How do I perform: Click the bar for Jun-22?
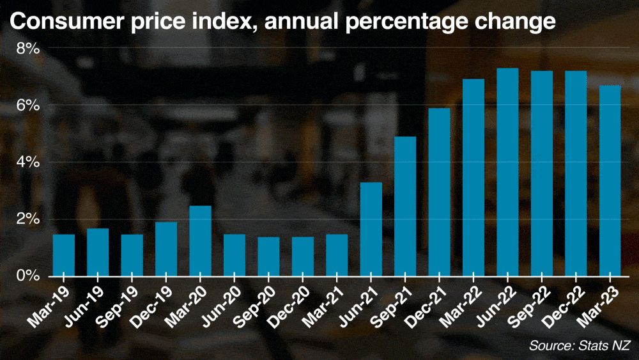(x=507, y=172)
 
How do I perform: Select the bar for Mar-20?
(x=200, y=241)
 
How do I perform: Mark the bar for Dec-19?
(x=166, y=249)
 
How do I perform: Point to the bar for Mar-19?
(x=64, y=255)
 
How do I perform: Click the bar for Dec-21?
(x=439, y=192)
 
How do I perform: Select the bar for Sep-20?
(x=268, y=256)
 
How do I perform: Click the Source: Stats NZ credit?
(x=580, y=346)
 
